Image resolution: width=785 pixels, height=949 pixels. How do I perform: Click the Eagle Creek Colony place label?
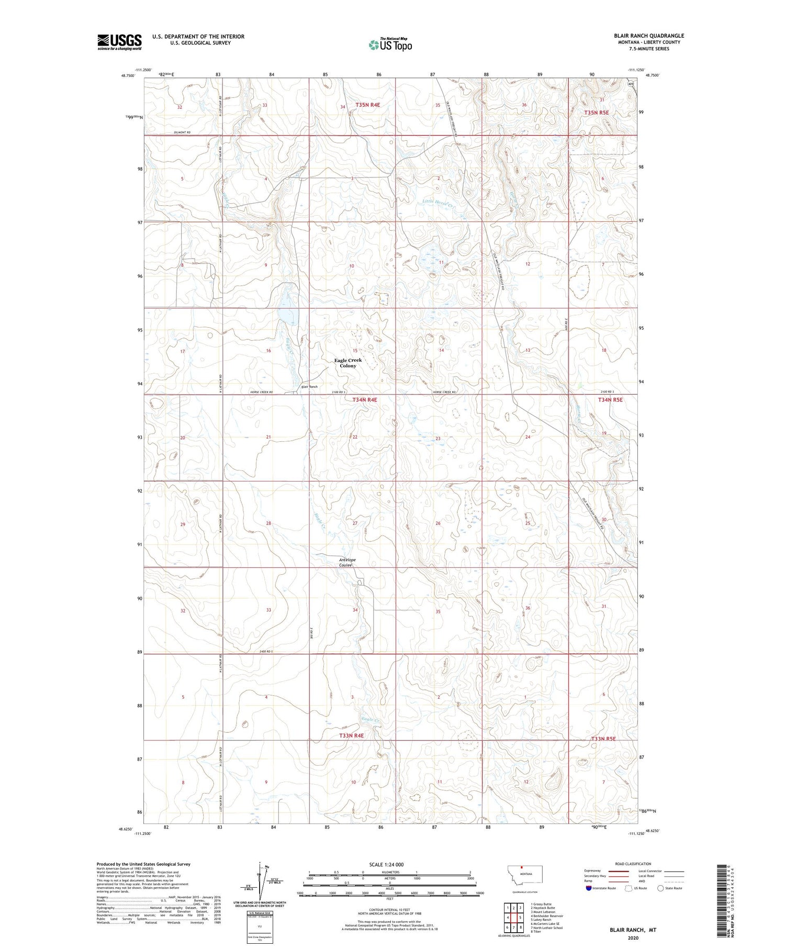click(348, 363)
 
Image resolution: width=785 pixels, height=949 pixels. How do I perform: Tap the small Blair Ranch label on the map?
click(309, 387)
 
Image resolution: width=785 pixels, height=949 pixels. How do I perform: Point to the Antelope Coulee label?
click(346, 562)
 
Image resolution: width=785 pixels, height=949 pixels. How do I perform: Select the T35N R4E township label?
click(367, 105)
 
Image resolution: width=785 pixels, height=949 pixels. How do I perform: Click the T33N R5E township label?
click(603, 739)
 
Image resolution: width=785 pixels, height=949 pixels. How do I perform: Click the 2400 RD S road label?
click(266, 651)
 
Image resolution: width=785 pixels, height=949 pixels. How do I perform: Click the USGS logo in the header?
click(119, 42)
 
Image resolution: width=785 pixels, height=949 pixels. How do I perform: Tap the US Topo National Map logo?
click(390, 44)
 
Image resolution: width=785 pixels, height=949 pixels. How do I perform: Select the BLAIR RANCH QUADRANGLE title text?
click(649, 36)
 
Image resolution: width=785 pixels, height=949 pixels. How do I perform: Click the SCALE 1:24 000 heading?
click(389, 864)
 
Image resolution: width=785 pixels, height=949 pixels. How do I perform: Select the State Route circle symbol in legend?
click(660, 888)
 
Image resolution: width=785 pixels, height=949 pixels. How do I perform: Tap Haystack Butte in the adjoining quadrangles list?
click(543, 908)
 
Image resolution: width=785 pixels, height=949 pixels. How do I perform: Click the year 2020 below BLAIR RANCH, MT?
click(633, 938)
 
